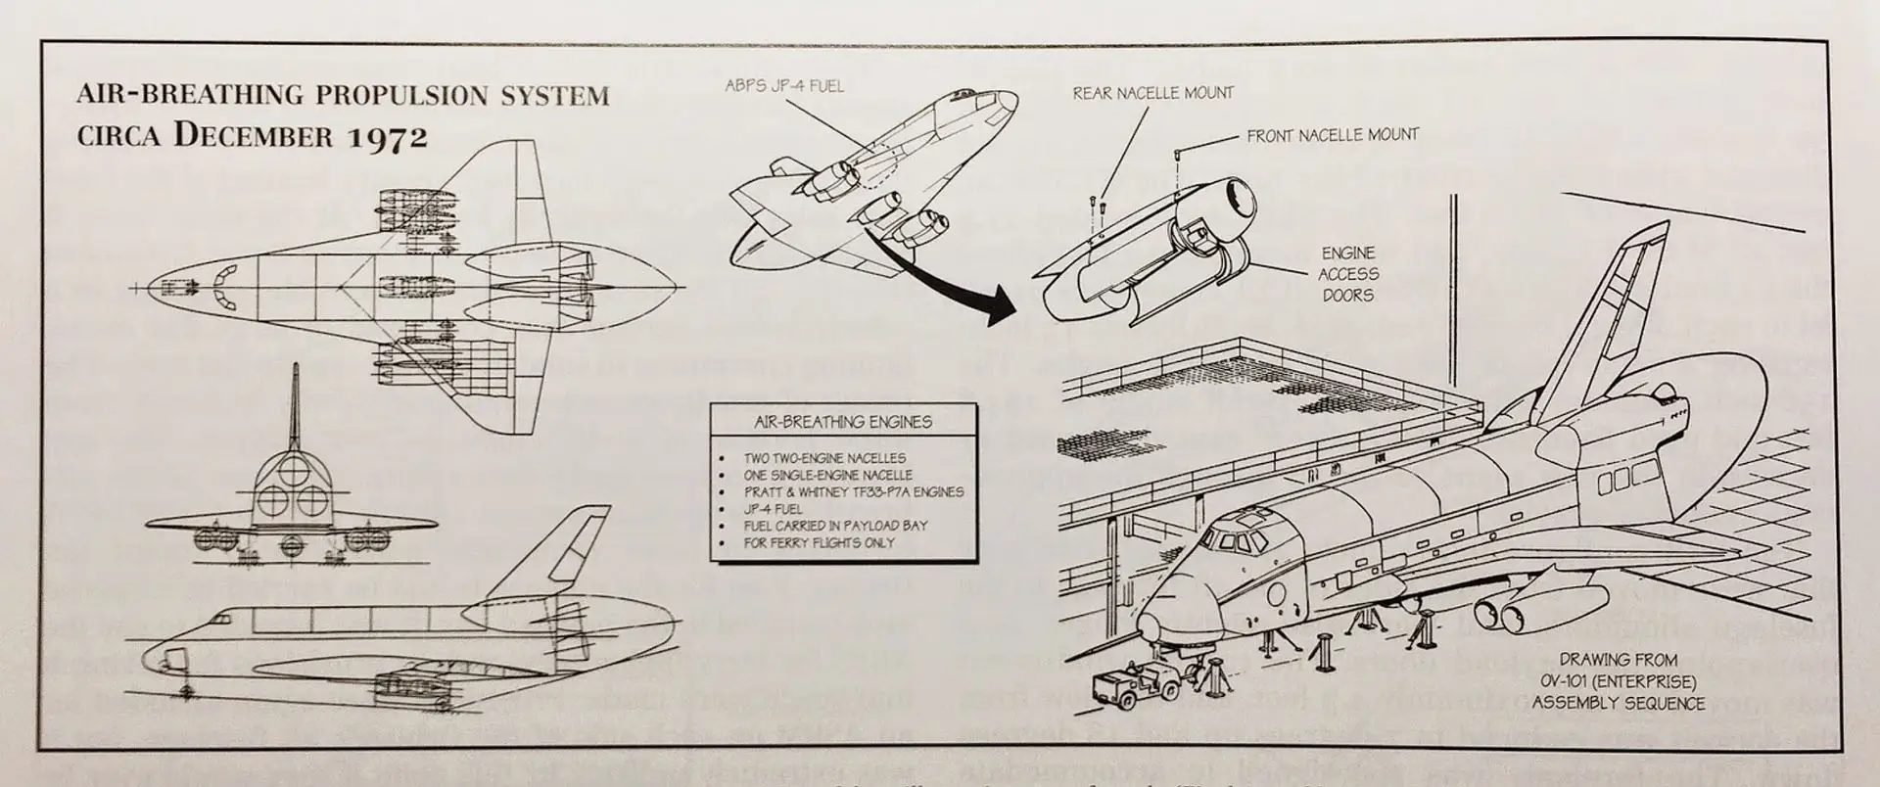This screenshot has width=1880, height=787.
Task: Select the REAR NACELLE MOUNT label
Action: (x=1152, y=94)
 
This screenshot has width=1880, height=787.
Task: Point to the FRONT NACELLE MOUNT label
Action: (x=1332, y=135)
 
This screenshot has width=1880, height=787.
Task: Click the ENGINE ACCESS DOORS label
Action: (x=1347, y=274)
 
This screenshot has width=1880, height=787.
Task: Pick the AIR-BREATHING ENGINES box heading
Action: (x=842, y=422)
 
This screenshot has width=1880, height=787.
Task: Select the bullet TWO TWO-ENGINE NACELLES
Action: (x=824, y=458)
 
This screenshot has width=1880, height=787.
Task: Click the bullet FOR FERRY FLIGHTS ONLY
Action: (x=820, y=542)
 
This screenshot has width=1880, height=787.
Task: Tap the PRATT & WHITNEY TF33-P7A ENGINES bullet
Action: (x=853, y=491)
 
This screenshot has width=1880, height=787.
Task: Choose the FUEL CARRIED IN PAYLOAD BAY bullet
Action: (x=835, y=526)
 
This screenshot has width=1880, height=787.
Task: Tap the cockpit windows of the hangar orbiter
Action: (x=1236, y=540)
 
